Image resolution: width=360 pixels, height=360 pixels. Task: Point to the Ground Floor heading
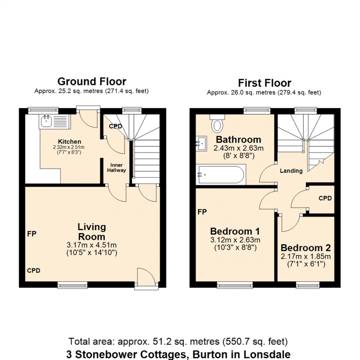pyautogui.click(x=91, y=82)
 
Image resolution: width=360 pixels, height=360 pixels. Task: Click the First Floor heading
pyautogui.click(x=264, y=83)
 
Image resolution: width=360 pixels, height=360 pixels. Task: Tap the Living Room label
pyautogui.click(x=91, y=232)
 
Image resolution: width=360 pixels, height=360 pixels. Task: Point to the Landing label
pyautogui.click(x=291, y=171)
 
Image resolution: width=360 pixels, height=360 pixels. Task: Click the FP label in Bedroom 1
pyautogui.click(x=202, y=212)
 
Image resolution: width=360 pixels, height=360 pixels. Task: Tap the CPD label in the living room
pyautogui.click(x=33, y=271)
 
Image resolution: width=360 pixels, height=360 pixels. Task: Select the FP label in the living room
pyautogui.click(x=32, y=234)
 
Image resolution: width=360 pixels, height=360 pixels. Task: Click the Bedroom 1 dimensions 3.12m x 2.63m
pyautogui.click(x=235, y=240)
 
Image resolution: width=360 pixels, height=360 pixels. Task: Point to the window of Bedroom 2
pyautogui.click(x=308, y=285)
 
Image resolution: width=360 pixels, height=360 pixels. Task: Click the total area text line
pyautogui.click(x=178, y=341)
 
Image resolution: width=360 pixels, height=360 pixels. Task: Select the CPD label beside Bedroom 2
pyautogui.click(x=325, y=198)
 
